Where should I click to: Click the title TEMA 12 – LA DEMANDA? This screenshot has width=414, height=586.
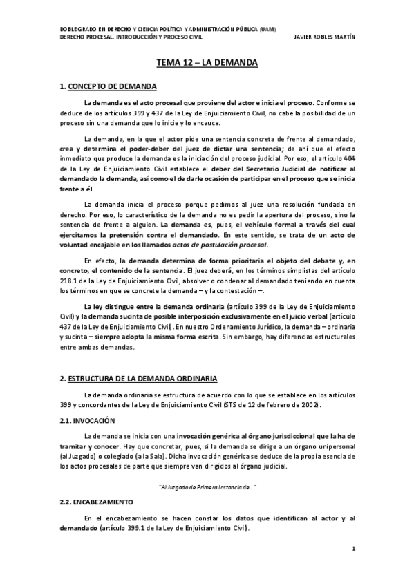tap(207, 63)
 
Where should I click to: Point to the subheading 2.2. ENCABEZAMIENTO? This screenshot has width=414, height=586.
tap(97, 501)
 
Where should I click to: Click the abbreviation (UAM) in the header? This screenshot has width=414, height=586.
tap(265, 28)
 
